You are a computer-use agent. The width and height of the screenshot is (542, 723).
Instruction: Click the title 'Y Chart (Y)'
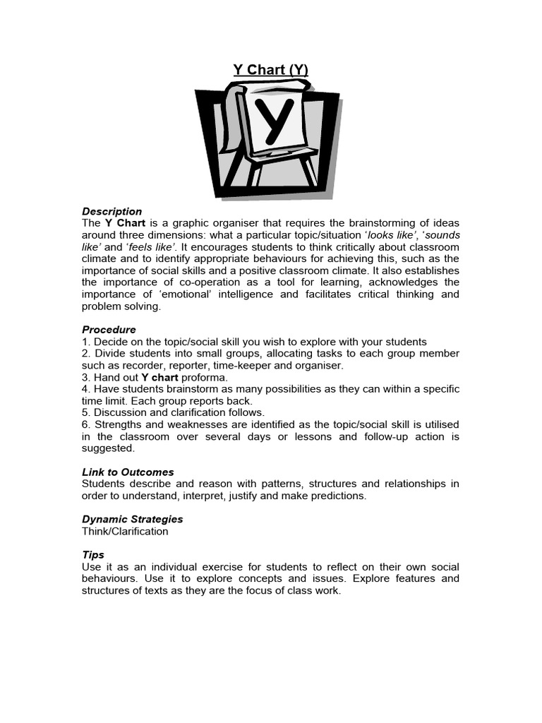[271, 69]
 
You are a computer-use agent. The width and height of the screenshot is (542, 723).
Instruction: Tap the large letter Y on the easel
[270, 124]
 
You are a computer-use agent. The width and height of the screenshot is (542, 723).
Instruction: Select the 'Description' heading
[112, 211]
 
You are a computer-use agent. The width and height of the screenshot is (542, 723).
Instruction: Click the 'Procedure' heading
[109, 330]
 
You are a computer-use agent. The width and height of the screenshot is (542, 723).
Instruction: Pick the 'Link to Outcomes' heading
[128, 472]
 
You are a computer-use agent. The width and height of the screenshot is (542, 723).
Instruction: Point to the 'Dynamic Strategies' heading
[132, 519]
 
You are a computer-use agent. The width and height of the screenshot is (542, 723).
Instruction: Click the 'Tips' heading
[93, 555]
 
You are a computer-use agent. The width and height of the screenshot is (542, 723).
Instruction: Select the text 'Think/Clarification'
[125, 531]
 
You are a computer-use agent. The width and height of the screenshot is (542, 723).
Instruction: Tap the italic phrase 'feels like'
[150, 247]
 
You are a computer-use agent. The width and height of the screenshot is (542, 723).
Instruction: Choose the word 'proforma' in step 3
[205, 378]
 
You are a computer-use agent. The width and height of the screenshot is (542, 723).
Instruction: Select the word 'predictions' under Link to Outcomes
[338, 496]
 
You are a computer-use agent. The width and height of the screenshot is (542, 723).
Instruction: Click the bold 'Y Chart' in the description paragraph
[125, 223]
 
